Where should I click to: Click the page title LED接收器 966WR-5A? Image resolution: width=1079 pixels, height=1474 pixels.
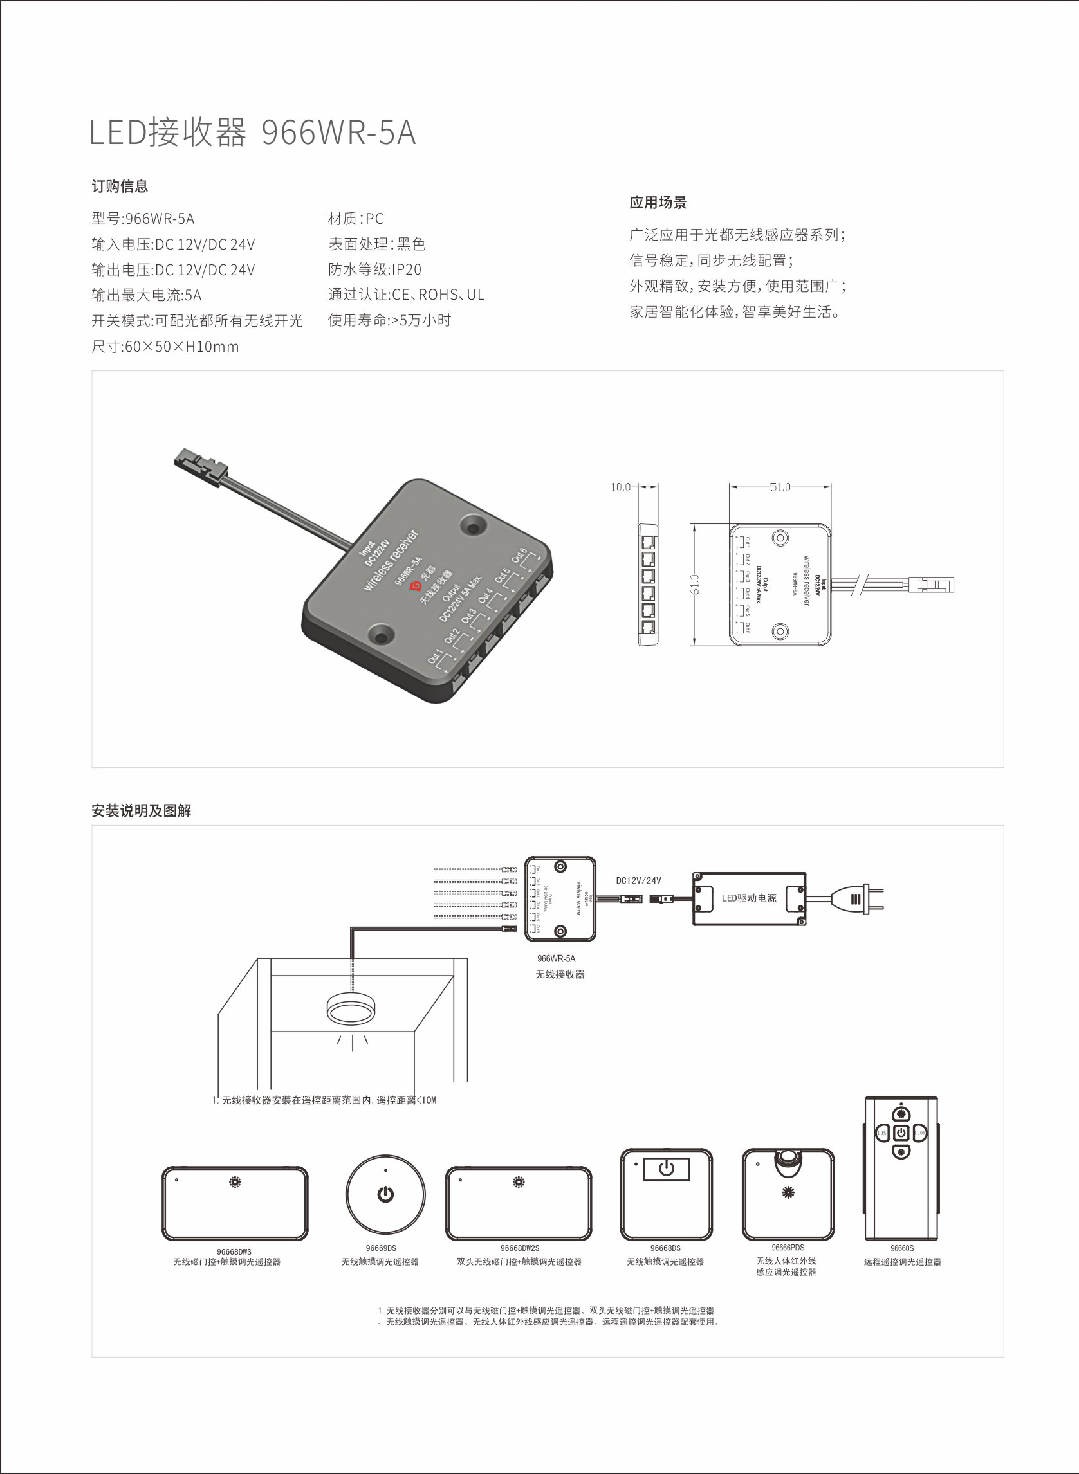pyautogui.click(x=252, y=132)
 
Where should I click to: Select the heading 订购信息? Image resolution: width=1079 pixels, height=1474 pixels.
pyautogui.click(x=120, y=187)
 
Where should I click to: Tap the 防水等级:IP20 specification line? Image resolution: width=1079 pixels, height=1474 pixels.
pyautogui.click(x=374, y=269)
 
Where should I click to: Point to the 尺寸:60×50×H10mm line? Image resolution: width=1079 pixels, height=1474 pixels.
pyautogui.click(x=165, y=347)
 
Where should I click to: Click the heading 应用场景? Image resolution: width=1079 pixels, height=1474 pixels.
pyautogui.click(x=658, y=203)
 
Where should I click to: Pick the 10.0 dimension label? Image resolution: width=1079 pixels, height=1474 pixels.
pyautogui.click(x=620, y=487)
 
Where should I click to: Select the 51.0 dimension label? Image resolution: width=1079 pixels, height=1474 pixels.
pyautogui.click(x=780, y=487)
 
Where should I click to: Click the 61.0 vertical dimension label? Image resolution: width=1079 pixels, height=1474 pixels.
pyautogui.click(x=695, y=584)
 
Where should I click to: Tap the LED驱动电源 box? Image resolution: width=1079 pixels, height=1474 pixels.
pyautogui.click(x=748, y=898)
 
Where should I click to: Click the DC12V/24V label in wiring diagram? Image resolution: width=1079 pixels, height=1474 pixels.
pyautogui.click(x=638, y=880)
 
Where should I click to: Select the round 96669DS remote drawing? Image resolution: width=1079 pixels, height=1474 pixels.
pyautogui.click(x=385, y=1194)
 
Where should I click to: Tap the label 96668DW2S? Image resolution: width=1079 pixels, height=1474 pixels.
pyautogui.click(x=519, y=1248)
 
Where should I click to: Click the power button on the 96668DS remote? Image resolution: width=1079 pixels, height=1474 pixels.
pyautogui.click(x=666, y=1169)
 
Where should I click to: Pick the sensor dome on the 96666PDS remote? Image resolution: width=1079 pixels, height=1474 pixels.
pyautogui.click(x=788, y=1161)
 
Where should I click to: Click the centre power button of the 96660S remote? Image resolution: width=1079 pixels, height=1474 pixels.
pyautogui.click(x=901, y=1133)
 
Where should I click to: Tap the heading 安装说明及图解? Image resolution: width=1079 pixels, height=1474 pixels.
pyautogui.click(x=141, y=811)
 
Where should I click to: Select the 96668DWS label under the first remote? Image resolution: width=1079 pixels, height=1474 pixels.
pyautogui.click(x=234, y=1252)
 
